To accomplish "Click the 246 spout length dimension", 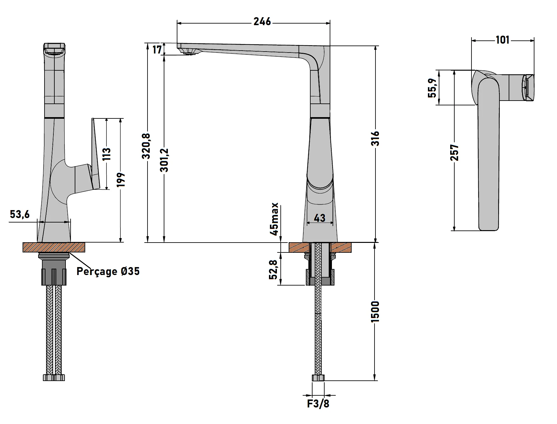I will pos(262,22).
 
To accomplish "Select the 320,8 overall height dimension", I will pos(146,146).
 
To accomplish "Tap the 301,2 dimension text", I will pos(164,160).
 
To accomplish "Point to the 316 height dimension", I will pos(376,138).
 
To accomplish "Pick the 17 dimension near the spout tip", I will pos(157,49).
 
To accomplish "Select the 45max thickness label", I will pos(274,219).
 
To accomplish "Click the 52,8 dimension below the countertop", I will pos(274,269).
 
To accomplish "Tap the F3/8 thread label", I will pos(318,404).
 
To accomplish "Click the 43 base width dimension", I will pos(320,218).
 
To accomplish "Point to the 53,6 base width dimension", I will pos(20,214).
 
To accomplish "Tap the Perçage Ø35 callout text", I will pos(108,271).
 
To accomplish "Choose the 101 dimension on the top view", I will pos(502,40).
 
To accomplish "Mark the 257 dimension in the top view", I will pos(455,152).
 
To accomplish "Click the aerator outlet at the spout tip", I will pos(190,54).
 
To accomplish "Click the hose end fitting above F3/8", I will pos(318,378).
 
